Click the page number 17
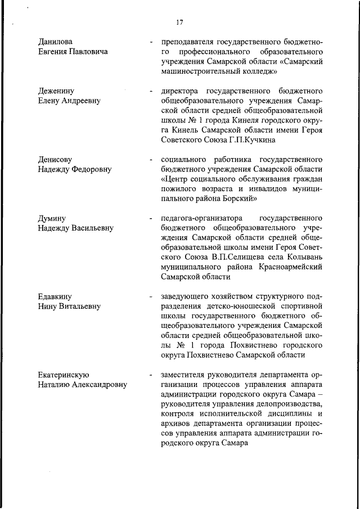tap(179, 22)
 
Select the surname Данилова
tap(55, 42)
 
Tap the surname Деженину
tap(56, 91)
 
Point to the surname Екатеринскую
tap(64, 375)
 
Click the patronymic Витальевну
tap(80, 307)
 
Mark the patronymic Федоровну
tap(87, 169)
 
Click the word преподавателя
tap(190, 42)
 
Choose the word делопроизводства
tap(287, 418)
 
